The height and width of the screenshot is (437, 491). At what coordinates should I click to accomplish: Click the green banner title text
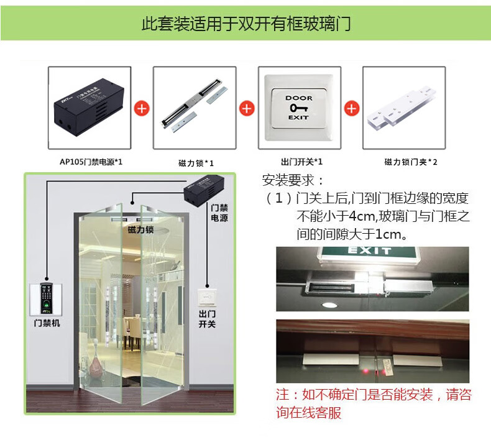tap(246, 24)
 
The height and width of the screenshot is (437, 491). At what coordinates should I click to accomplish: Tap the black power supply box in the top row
tap(89, 108)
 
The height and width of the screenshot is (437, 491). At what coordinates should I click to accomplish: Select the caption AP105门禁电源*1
tap(91, 162)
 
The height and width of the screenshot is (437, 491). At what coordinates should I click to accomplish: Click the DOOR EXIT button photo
tap(299, 108)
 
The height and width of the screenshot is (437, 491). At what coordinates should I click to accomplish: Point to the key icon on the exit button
tap(298, 108)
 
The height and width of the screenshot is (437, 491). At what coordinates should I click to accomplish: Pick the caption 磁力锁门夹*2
tap(411, 162)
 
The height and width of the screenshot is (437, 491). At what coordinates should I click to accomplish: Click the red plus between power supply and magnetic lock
tap(142, 108)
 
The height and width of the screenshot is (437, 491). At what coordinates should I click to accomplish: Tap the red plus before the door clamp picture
tap(352, 108)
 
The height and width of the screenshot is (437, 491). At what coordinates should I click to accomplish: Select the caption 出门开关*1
tap(301, 162)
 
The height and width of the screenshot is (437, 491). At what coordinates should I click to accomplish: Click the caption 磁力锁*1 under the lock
tap(196, 163)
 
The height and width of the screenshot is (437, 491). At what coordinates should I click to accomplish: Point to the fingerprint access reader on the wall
tap(47, 298)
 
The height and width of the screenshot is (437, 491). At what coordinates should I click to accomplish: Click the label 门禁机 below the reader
tap(47, 323)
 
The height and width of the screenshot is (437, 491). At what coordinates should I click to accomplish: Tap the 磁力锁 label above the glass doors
tap(140, 229)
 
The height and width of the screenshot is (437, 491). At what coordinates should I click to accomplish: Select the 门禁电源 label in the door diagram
tap(219, 213)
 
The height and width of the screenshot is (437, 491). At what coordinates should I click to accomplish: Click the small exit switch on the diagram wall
tap(207, 297)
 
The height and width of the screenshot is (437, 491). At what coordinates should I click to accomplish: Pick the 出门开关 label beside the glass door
tap(207, 319)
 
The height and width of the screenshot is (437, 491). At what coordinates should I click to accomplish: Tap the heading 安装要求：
tap(293, 180)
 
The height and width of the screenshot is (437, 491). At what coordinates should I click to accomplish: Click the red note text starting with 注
tap(374, 403)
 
